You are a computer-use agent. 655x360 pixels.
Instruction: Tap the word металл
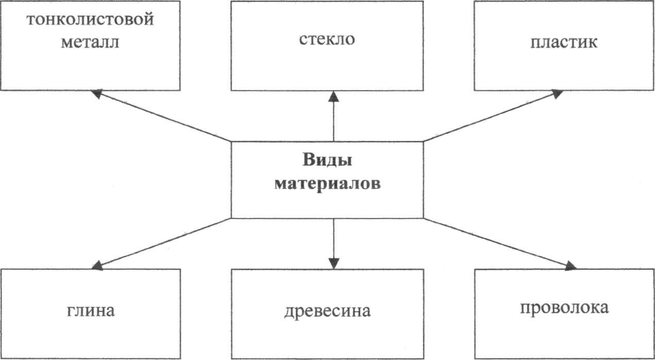tap(90, 42)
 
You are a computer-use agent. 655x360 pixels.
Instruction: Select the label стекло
tap(327, 40)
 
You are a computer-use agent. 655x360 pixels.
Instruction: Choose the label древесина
tap(327, 312)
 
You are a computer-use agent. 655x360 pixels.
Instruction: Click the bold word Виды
tap(327, 160)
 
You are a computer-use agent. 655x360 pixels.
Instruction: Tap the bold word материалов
tap(327, 184)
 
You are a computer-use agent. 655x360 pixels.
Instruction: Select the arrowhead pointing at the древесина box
tap(334, 263)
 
